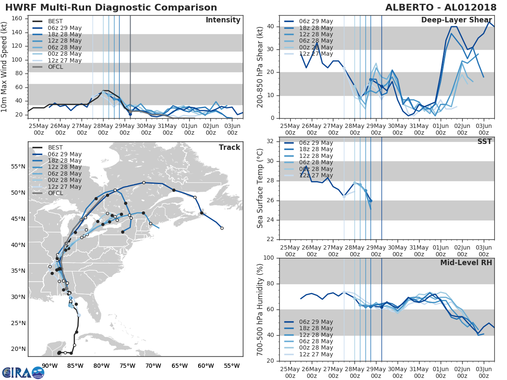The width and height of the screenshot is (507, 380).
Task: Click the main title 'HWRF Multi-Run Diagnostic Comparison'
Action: click(x=111, y=8)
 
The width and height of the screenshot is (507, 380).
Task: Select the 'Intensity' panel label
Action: click(x=223, y=20)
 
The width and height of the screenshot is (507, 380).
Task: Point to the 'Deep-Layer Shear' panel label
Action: click(x=456, y=20)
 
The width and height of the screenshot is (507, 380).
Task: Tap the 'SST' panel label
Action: click(x=484, y=142)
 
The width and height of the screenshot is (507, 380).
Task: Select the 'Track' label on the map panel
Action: click(x=229, y=147)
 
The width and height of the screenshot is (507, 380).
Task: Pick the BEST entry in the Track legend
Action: click(x=56, y=147)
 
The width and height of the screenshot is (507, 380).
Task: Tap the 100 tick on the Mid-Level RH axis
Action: click(x=268, y=258)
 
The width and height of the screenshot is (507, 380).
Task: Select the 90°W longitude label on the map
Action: click(x=49, y=366)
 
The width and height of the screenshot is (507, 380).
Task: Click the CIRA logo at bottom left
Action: click(x=23, y=372)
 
